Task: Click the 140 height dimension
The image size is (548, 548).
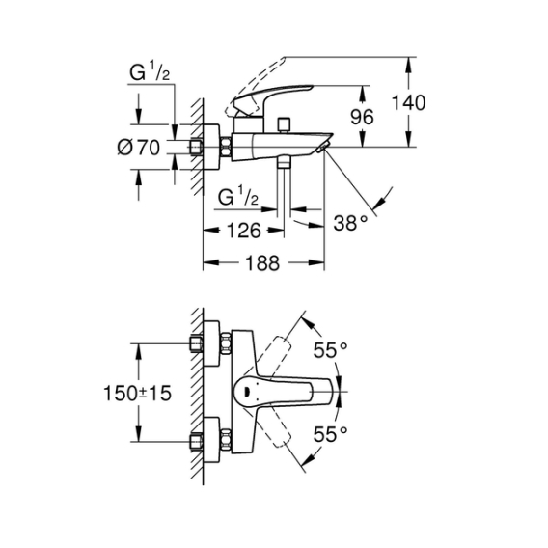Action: pos(408,102)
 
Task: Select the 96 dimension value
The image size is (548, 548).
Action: pos(362,117)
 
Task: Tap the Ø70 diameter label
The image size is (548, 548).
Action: pos(138,148)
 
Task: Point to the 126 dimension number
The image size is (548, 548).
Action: pos(243,231)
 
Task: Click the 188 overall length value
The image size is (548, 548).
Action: pos(262,262)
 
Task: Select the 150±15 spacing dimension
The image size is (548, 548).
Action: pos(137,394)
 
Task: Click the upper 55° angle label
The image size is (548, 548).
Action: pos(330,350)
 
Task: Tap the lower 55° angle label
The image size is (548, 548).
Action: pos(330,434)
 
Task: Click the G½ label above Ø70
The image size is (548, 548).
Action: pos(150,71)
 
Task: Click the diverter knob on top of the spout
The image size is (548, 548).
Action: pos(284,124)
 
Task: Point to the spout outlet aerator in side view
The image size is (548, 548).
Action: pos(322,148)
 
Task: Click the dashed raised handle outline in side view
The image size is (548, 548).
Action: pos(257,86)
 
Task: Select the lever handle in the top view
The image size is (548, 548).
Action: pos(283,391)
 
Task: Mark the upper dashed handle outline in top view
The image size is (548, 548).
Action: pos(274,353)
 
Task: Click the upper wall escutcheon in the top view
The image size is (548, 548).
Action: pos(211,343)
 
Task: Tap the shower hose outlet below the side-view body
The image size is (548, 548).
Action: pos(284,163)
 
